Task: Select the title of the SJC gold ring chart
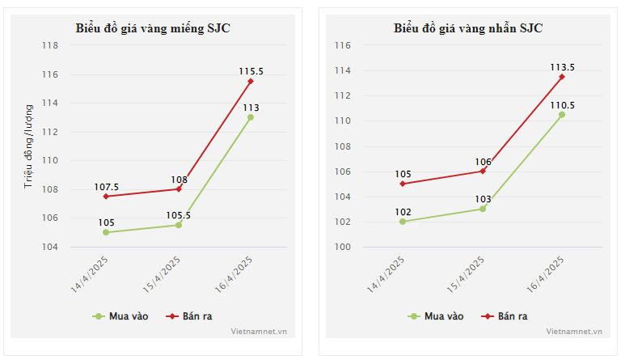(468, 28)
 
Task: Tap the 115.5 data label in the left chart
(251, 71)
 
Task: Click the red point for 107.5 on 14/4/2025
(106, 197)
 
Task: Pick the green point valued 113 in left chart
(251, 117)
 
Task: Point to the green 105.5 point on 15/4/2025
(179, 225)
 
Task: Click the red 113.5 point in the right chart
(562, 77)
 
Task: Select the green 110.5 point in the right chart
(562, 114)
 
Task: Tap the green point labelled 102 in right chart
(402, 222)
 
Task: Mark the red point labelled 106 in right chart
(483, 171)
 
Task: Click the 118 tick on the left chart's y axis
(50, 46)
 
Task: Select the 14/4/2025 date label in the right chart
(387, 275)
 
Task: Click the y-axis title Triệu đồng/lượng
(28, 146)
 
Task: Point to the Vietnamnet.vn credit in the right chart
(574, 331)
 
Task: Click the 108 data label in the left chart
(179, 180)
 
